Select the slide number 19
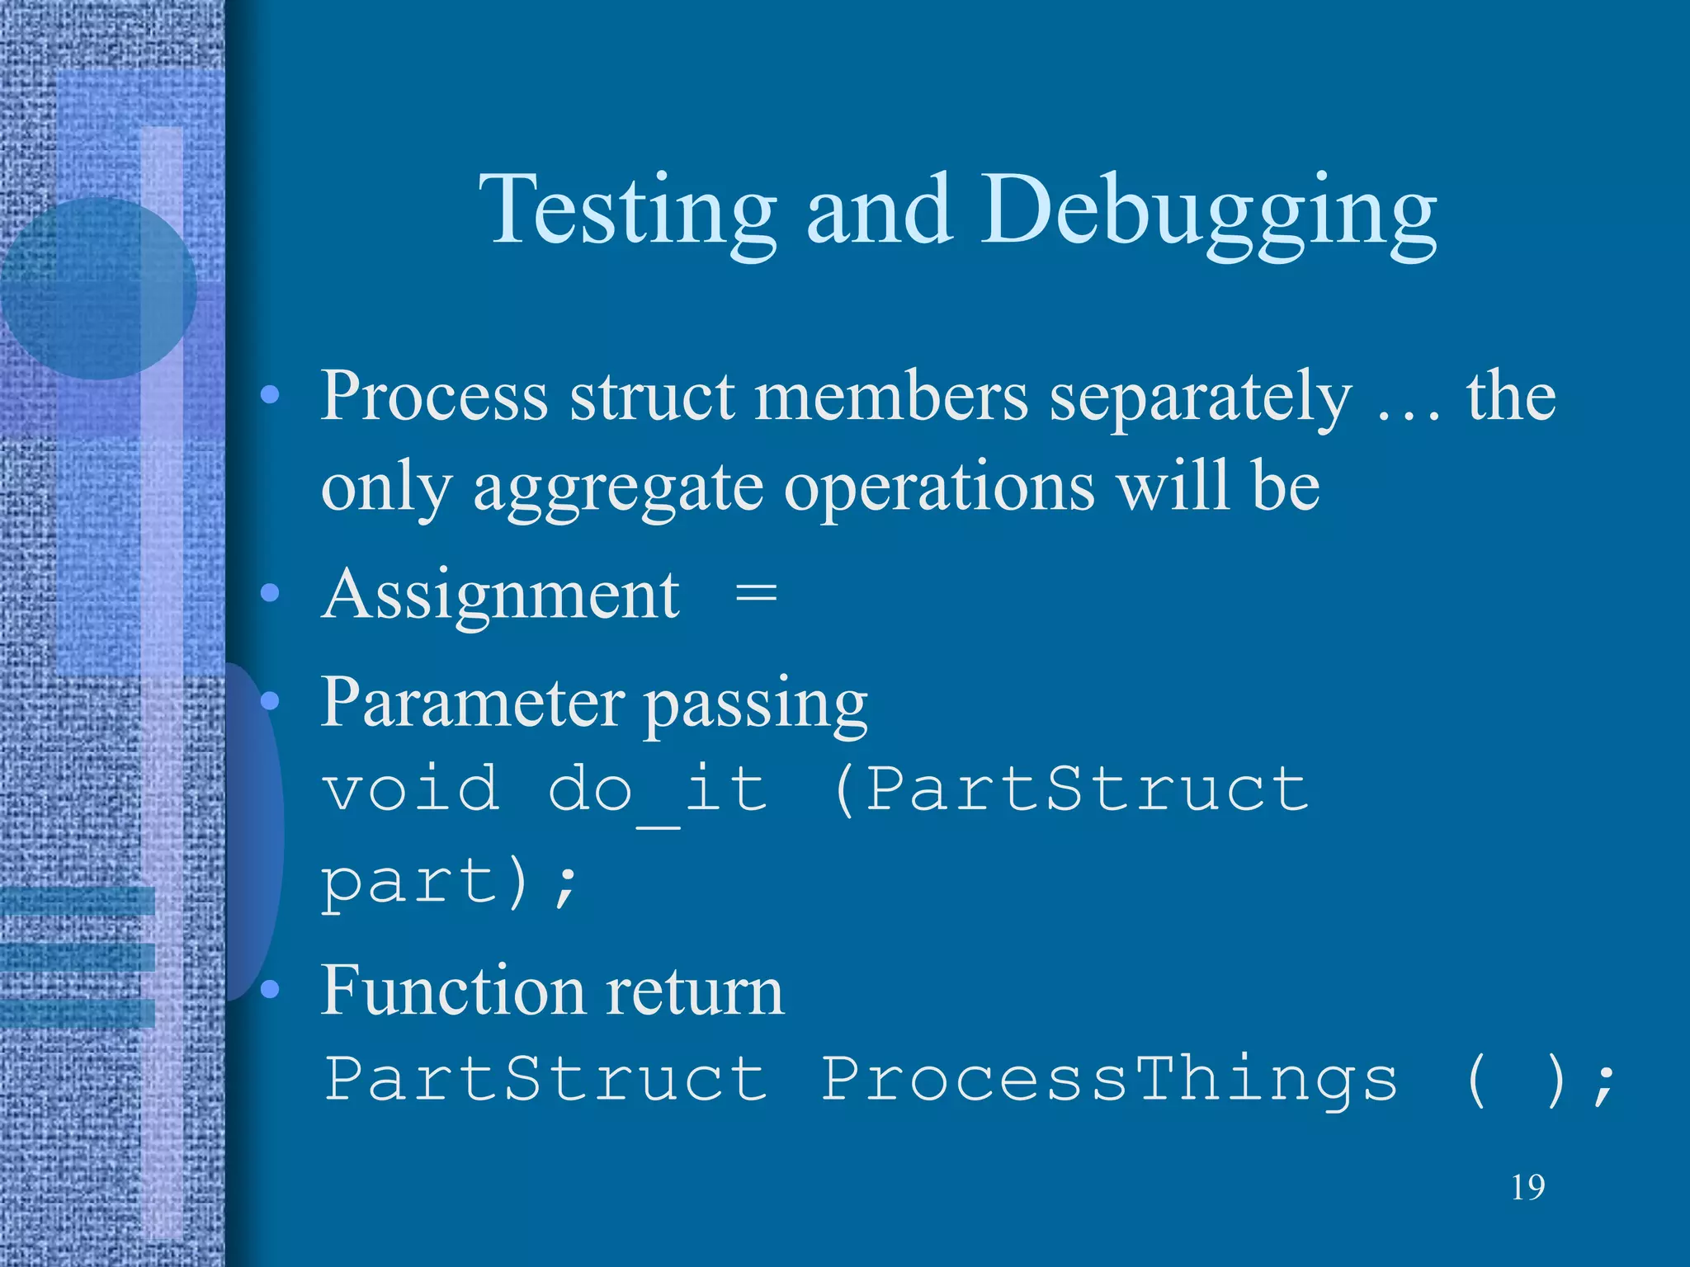pos(1527,1188)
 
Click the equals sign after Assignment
pos(756,594)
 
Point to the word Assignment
pos(500,596)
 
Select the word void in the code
pos(410,789)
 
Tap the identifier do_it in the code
pos(658,789)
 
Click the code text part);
pos(450,883)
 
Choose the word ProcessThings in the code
pos(1110,1079)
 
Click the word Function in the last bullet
pos(451,990)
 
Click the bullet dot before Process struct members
pos(270,397)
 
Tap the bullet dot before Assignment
pos(270,593)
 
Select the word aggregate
pos(617,488)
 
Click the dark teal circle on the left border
pos(97,289)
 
